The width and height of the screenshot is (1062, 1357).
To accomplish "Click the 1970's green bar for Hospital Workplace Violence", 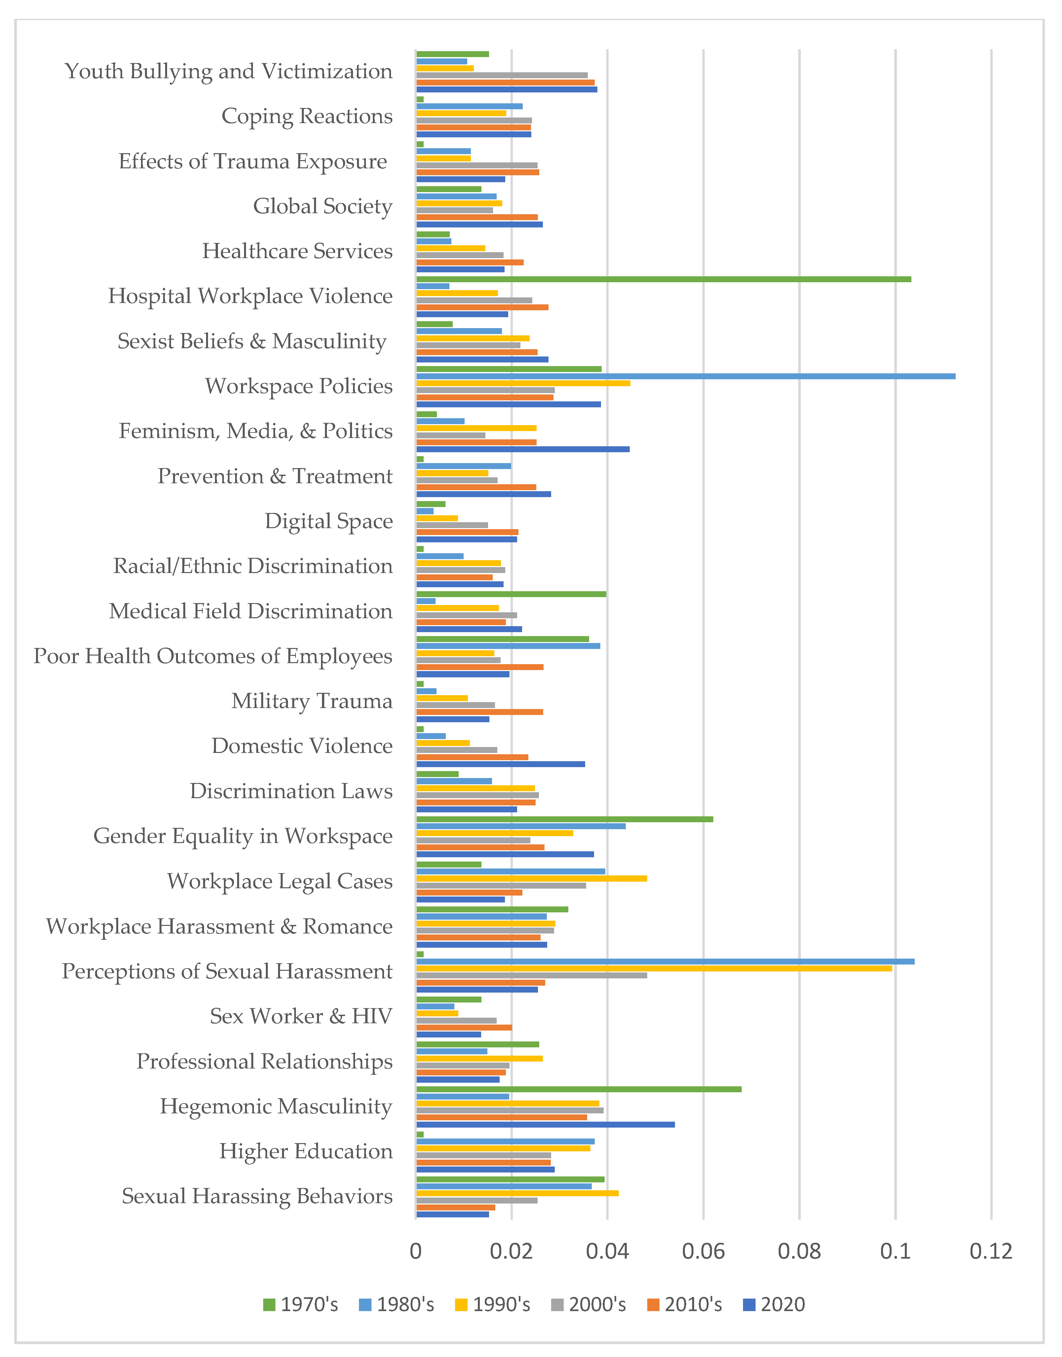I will (x=663, y=279).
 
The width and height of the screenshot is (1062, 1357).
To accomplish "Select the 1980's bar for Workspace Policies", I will (x=685, y=376).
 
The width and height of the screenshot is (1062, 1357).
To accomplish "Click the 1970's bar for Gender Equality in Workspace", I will (x=564, y=819).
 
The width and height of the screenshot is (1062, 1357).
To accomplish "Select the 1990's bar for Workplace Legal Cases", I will (x=531, y=878).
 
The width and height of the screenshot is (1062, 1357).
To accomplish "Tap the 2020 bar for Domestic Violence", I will (x=500, y=764).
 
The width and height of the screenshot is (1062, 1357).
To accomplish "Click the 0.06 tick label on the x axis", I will (x=703, y=1251).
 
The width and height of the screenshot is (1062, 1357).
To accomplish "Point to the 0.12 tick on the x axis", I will (x=991, y=1251).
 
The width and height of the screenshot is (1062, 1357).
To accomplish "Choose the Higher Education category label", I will (x=305, y=1151).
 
